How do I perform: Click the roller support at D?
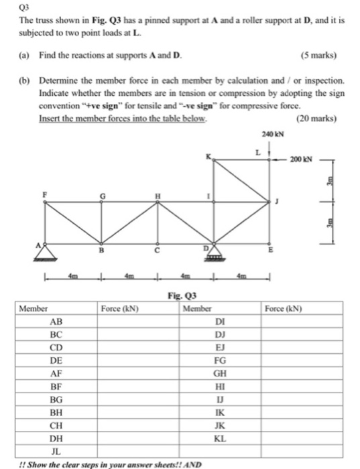point(214,253)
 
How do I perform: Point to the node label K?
point(208,157)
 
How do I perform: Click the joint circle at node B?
point(102,244)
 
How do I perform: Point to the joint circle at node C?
point(158,244)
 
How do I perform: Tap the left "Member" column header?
point(33,309)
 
